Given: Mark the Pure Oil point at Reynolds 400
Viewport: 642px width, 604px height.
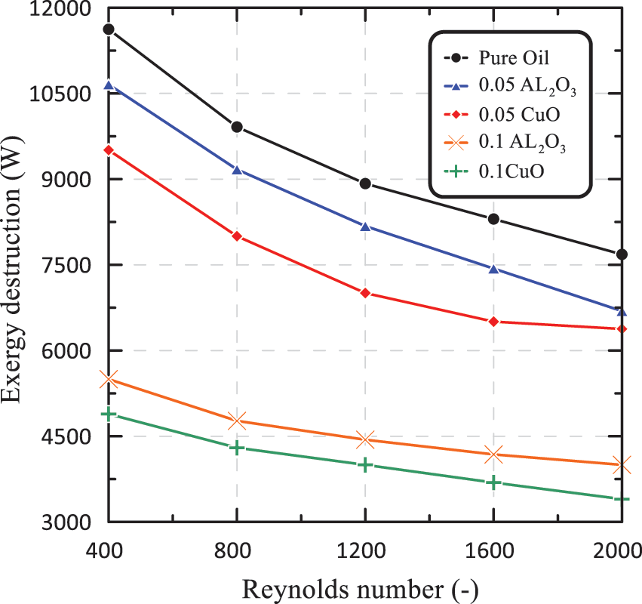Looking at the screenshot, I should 109,29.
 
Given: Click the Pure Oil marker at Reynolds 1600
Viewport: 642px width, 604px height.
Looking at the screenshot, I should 493,219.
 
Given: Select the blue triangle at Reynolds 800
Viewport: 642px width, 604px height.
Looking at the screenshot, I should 237,170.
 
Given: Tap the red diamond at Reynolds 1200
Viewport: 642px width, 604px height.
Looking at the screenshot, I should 365,293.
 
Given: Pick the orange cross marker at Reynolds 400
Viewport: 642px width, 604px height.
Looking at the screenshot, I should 109,379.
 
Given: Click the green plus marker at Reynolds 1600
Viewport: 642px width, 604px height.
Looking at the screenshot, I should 493,482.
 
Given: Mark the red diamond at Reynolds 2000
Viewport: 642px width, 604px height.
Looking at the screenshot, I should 622,329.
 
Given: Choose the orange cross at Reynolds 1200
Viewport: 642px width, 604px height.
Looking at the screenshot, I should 365,439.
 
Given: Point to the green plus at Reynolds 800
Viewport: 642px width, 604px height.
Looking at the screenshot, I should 237,448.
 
